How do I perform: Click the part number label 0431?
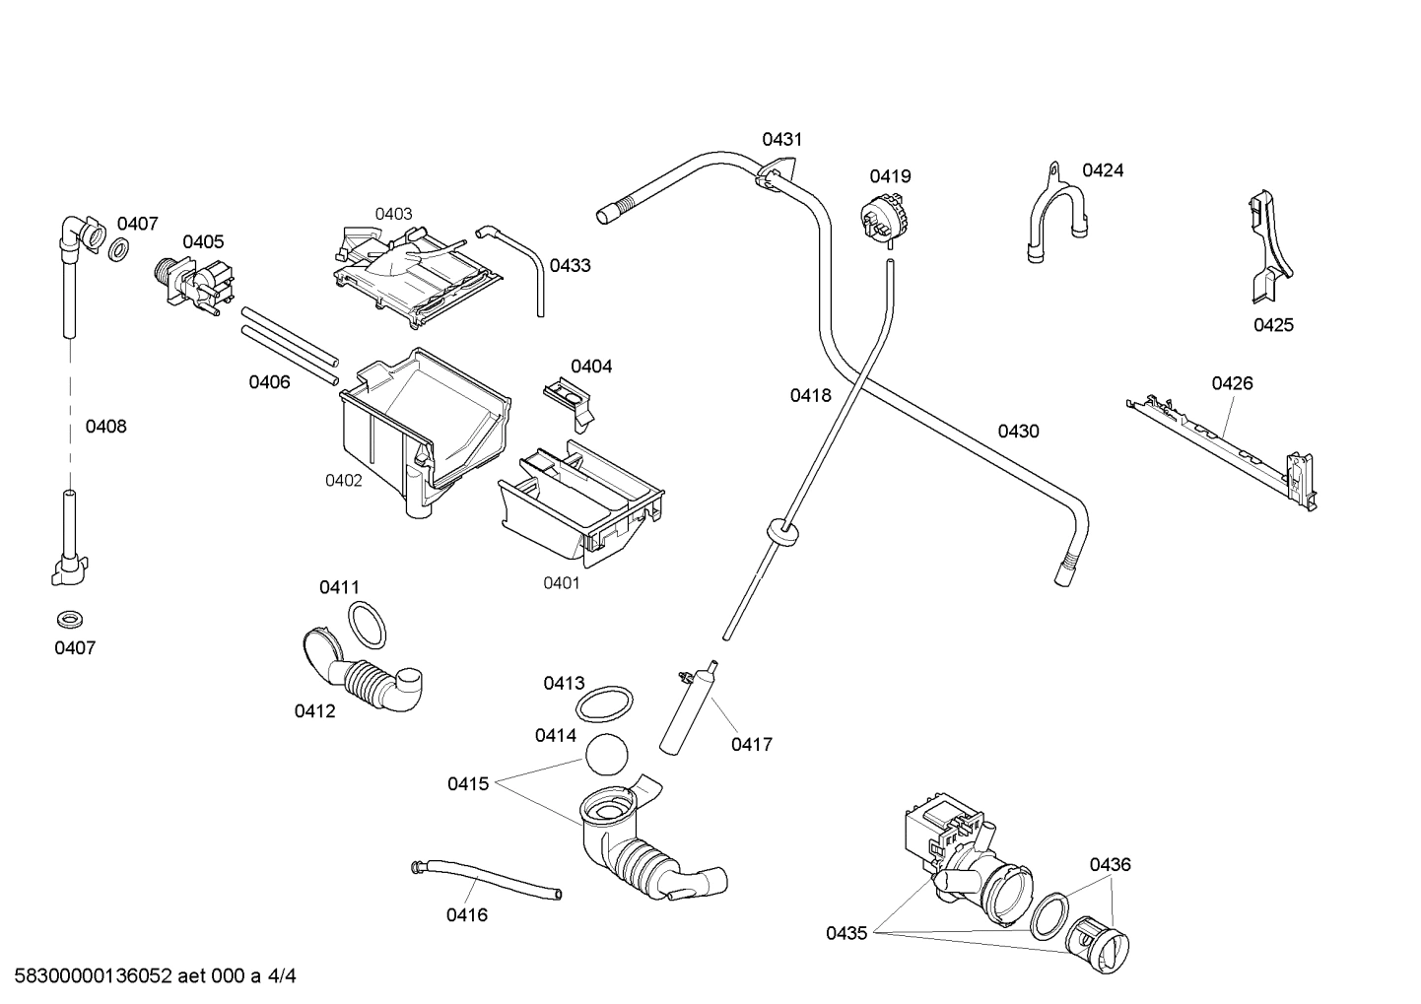[x=781, y=140]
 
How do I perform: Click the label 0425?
[x=1273, y=325]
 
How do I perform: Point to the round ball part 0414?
[x=606, y=757]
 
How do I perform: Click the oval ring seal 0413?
[x=604, y=705]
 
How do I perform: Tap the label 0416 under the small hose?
[x=466, y=915]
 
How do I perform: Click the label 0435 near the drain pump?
[x=846, y=933]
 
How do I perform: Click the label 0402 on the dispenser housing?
[x=344, y=481]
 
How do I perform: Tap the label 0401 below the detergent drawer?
[x=562, y=583]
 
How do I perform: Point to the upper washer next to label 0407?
[x=118, y=250]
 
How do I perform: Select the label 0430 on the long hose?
[x=1018, y=432]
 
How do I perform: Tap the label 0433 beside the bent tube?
[x=570, y=265]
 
